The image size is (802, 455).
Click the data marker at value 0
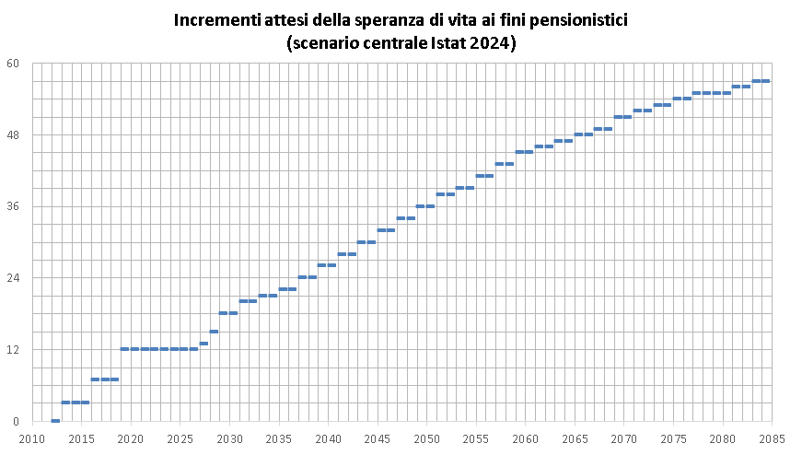click(55, 421)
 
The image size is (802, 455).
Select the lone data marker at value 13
click(203, 344)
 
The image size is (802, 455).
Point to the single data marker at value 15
click(214, 332)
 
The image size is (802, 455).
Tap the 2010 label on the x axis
click(32, 438)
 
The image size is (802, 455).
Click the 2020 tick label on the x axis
click(131, 438)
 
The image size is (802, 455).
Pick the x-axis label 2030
click(229, 438)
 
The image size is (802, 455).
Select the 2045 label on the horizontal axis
click(378, 438)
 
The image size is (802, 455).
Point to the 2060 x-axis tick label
click(525, 438)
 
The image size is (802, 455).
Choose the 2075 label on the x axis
click(673, 438)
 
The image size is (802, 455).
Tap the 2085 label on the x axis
click(772, 438)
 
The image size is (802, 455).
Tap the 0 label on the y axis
click(16, 421)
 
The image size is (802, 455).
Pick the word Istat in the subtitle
click(446, 42)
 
